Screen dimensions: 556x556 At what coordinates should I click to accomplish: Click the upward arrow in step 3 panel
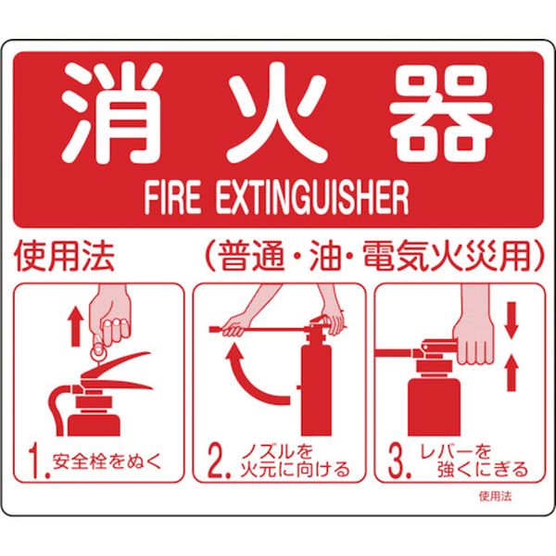point(511,374)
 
